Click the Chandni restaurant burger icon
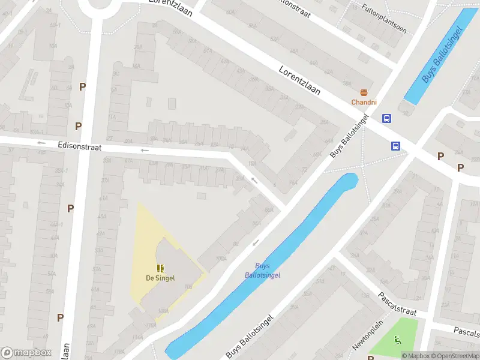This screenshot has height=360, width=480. (x=364, y=92)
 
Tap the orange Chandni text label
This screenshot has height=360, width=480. (x=364, y=102)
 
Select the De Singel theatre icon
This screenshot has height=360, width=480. (x=160, y=268)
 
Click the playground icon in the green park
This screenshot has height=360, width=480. (x=397, y=340)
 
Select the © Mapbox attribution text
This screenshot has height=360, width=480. (x=415, y=356)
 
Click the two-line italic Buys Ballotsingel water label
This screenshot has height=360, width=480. (x=262, y=271)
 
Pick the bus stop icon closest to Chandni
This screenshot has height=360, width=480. (x=387, y=118)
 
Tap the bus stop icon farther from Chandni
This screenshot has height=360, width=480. (x=396, y=146)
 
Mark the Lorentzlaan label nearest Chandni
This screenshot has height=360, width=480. (x=299, y=80)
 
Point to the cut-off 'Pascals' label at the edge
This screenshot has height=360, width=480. (x=467, y=331)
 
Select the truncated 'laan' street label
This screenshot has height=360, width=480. (x=65, y=351)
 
